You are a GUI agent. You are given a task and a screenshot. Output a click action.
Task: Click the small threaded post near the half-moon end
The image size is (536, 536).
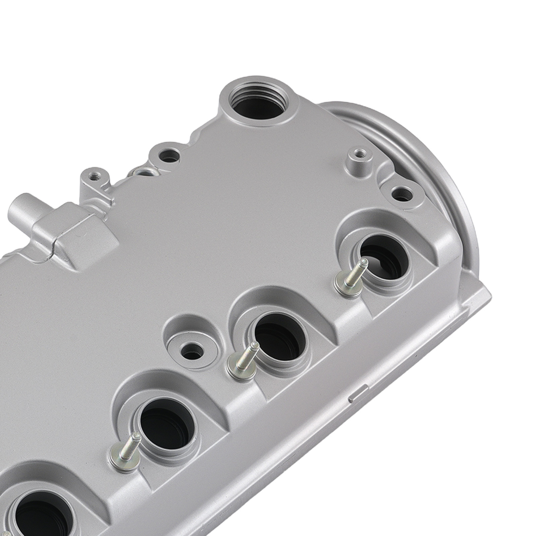point(360,154)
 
